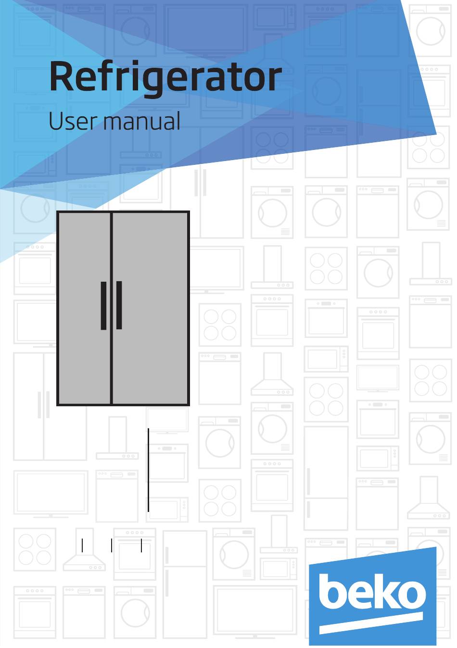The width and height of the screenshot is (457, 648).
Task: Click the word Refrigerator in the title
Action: point(165,78)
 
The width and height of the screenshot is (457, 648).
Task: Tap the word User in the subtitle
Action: point(72,121)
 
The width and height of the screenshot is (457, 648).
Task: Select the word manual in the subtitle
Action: point(142,121)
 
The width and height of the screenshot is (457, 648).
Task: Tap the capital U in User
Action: point(56,121)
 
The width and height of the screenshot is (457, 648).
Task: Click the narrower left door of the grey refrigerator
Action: point(84,309)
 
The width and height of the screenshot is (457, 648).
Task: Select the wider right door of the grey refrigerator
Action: point(150,309)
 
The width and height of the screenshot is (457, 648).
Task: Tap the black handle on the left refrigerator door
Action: point(103,305)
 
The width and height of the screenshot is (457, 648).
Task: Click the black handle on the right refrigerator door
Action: point(119,305)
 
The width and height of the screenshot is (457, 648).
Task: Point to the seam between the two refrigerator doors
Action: point(111,309)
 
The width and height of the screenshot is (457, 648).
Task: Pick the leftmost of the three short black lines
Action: point(82,545)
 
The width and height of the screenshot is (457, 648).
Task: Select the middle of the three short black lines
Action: point(112,545)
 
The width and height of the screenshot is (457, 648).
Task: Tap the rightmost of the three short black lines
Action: point(141,545)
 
